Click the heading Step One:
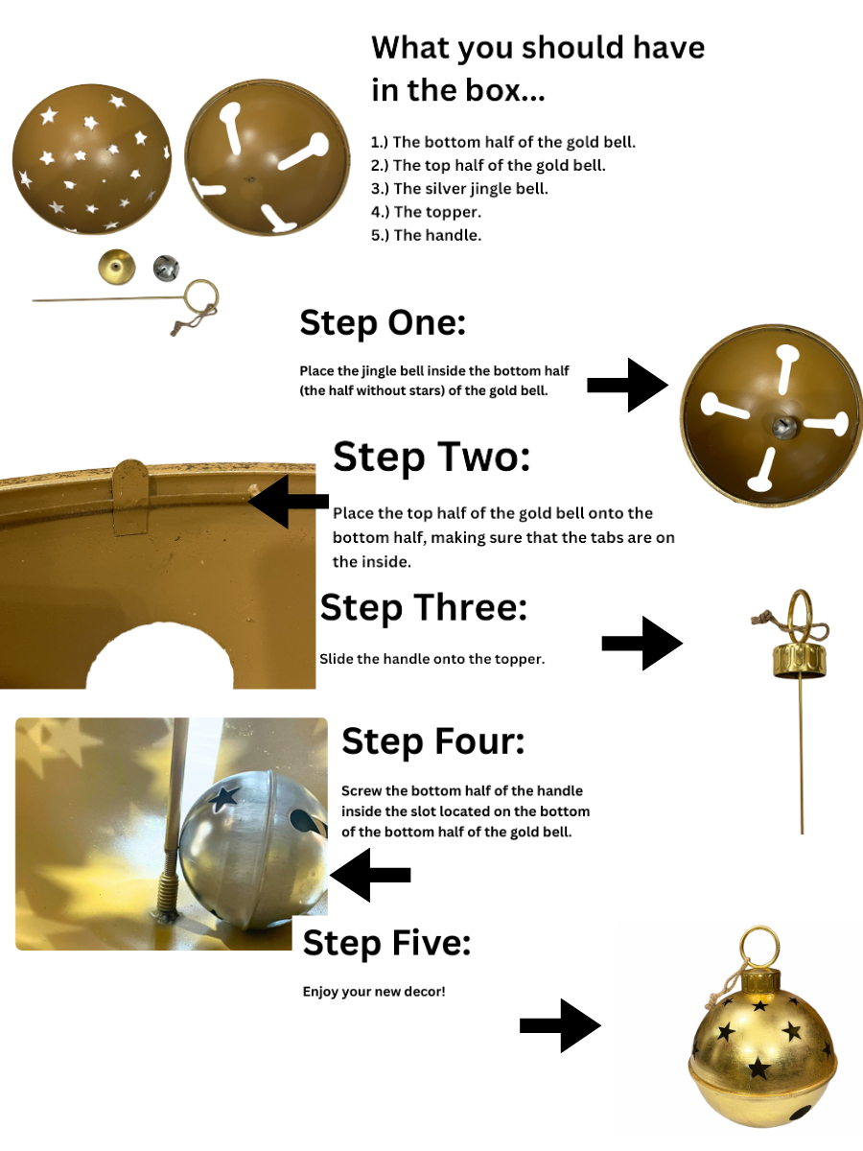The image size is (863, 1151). coord(383,322)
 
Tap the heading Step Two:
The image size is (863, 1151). coord(431,457)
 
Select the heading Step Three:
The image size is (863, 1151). coord(424,607)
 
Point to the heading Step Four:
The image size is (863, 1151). coord(432,741)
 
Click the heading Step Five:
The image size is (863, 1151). coord(386,943)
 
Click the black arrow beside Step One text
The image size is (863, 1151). coord(627,385)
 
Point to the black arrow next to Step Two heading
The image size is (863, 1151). coord(289,502)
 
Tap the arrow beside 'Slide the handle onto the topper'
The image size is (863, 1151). coord(641,643)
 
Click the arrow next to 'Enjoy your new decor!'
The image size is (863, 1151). coord(560,1025)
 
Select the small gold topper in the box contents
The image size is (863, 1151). coord(116,267)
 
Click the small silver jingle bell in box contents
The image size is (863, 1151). coord(166,268)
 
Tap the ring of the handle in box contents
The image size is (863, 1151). coord(201,281)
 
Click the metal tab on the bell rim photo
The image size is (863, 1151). coord(131,497)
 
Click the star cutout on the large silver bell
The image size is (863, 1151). coord(223,797)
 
